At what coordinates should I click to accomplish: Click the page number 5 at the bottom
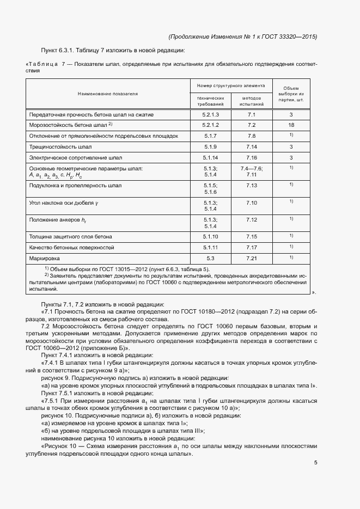(315, 463)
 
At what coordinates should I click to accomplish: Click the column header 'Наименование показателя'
(108, 94)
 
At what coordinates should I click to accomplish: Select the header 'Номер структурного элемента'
(231, 85)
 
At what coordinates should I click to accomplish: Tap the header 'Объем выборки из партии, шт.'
(291, 94)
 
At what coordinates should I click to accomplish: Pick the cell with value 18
(291, 125)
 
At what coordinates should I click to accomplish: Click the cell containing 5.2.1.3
(210, 115)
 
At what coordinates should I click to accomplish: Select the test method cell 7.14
(251, 147)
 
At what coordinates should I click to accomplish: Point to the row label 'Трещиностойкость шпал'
(60, 147)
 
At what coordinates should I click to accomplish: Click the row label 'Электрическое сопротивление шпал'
(75, 158)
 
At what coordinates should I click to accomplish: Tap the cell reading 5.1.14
(210, 158)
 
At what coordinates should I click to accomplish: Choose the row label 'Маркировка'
(45, 257)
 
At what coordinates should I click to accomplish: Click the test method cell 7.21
(251, 257)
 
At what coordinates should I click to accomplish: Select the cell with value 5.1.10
(210, 237)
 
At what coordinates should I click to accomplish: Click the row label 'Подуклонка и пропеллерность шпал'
(75, 186)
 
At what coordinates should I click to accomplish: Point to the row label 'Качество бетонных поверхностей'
(71, 247)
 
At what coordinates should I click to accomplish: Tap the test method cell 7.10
(251, 203)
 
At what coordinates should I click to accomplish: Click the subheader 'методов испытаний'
(251, 101)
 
